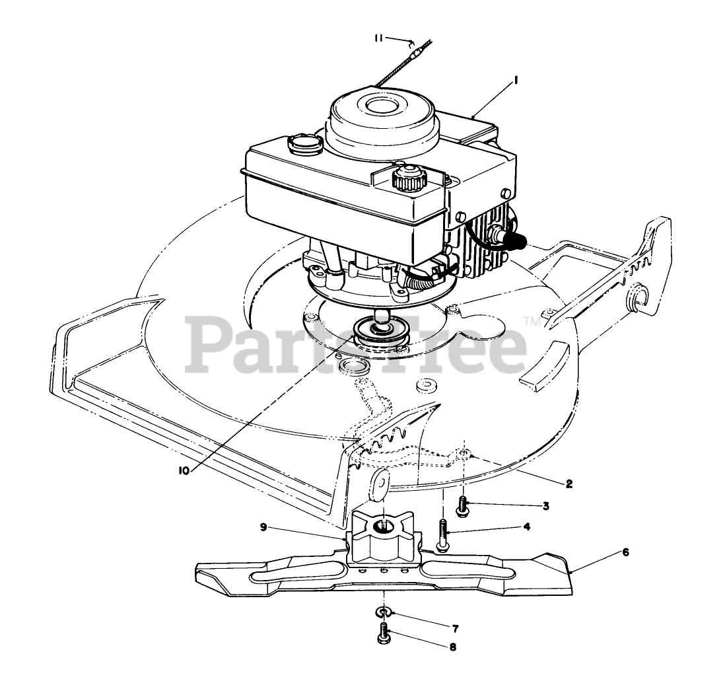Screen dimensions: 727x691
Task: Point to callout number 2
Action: coord(569,483)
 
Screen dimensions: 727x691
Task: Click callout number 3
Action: coord(546,506)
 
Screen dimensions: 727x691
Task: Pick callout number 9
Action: coord(263,527)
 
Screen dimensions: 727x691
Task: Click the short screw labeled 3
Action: coord(463,507)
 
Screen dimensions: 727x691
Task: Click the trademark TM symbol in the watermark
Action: coord(532,322)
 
